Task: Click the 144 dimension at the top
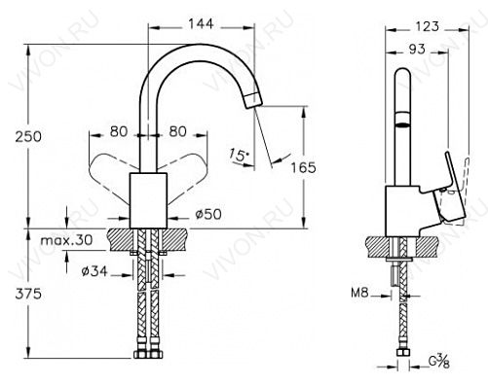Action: (x=201, y=23)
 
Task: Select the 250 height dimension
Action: (x=28, y=136)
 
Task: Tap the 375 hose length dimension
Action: (x=28, y=294)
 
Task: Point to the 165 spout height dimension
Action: (x=303, y=167)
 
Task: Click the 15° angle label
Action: (x=239, y=155)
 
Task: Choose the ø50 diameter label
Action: (x=208, y=214)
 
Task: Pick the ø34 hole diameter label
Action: (x=94, y=271)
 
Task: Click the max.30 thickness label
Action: (x=67, y=240)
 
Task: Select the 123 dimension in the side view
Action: (x=427, y=26)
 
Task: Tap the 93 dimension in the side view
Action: (x=417, y=50)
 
